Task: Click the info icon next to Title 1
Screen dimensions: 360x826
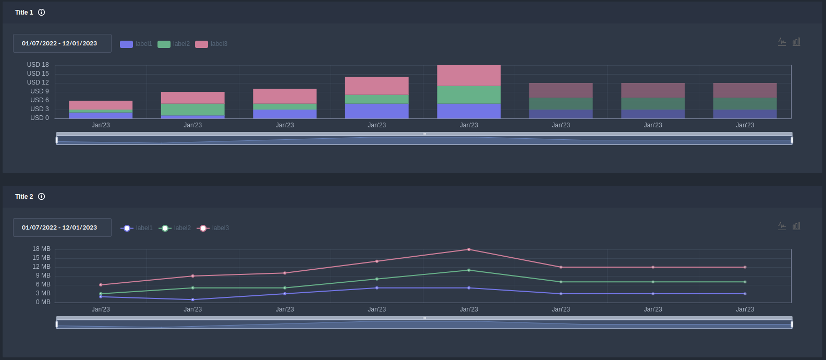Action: click(x=42, y=13)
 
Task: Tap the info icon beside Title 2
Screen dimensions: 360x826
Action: click(x=42, y=197)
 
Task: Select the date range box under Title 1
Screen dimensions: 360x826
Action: click(x=62, y=43)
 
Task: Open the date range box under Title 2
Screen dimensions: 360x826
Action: click(x=62, y=227)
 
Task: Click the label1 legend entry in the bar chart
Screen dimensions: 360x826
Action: click(x=136, y=44)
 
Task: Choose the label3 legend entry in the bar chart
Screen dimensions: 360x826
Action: click(x=211, y=44)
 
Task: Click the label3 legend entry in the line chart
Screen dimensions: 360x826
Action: click(x=213, y=228)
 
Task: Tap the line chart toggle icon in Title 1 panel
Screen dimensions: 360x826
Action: click(x=782, y=42)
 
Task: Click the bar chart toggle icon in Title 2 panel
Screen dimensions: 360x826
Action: click(x=796, y=226)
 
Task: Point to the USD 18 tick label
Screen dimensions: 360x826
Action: click(x=38, y=65)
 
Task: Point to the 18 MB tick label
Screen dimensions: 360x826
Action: click(x=42, y=249)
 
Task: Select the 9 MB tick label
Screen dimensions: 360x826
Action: click(x=43, y=275)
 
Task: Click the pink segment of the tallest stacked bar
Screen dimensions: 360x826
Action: click(x=469, y=76)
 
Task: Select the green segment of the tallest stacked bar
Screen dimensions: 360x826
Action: click(x=469, y=95)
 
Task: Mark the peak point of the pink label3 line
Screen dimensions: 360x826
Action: click(x=469, y=249)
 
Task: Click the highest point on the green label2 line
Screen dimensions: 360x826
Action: click(x=469, y=270)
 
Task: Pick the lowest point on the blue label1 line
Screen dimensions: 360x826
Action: click(x=193, y=299)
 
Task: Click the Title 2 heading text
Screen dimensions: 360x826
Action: click(x=24, y=197)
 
